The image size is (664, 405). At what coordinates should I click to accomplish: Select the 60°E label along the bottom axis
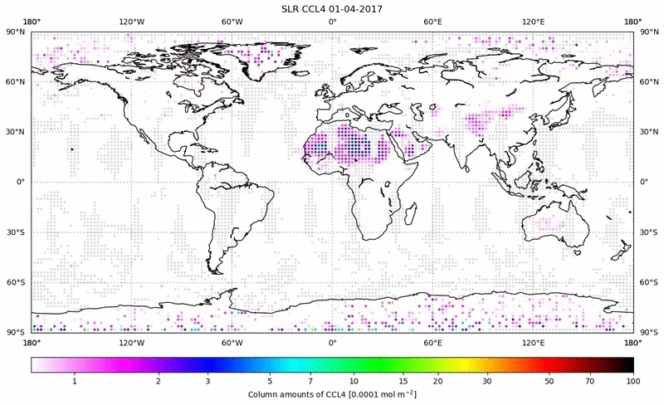432,342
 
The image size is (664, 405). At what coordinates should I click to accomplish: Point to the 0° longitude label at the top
332,22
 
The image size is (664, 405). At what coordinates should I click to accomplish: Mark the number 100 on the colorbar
632,381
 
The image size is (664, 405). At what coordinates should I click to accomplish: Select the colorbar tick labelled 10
354,381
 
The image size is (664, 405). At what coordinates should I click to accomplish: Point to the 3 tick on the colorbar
208,381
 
